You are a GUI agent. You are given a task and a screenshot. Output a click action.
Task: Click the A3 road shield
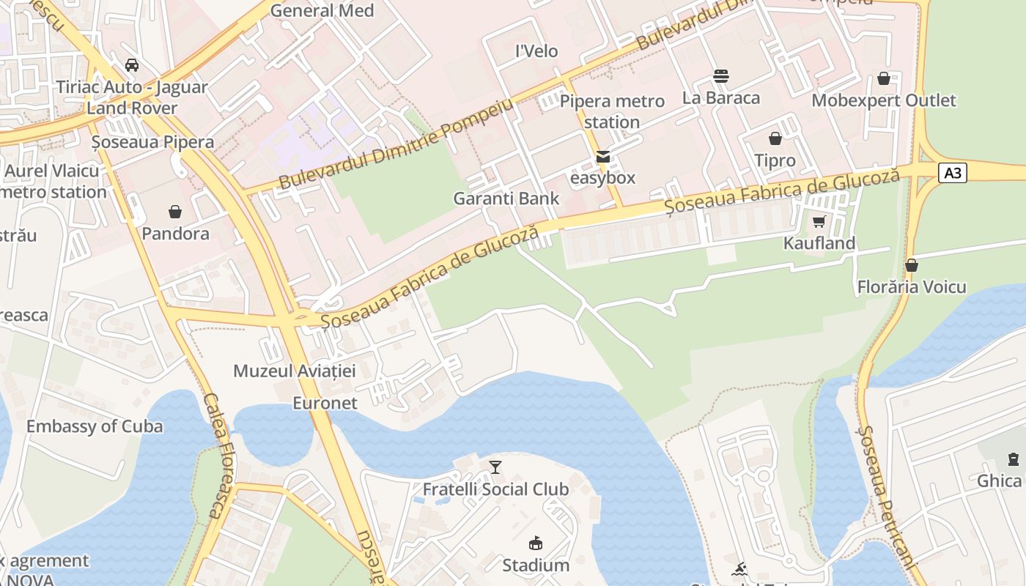[952, 173]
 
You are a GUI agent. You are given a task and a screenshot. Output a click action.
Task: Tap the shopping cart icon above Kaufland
[819, 221]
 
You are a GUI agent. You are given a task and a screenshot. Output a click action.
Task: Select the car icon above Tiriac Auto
[132, 64]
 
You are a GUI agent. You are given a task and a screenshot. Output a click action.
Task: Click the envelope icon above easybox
[602, 156]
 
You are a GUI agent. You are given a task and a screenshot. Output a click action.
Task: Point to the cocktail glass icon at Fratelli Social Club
[495, 467]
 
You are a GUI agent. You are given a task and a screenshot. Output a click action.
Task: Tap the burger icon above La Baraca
[720, 75]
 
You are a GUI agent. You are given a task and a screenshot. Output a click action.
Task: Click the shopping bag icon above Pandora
[175, 212]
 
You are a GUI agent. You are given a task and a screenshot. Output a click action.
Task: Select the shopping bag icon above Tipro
[775, 138]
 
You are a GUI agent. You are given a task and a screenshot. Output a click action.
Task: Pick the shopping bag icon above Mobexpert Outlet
[883, 78]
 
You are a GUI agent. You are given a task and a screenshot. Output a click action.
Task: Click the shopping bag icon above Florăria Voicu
[911, 265]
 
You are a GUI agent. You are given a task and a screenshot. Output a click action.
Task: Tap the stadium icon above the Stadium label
[536, 543]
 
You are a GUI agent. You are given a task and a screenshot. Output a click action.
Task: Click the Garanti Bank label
[506, 198]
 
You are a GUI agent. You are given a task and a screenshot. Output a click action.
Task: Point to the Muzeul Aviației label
[294, 371]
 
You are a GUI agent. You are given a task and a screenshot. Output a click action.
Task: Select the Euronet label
[325, 403]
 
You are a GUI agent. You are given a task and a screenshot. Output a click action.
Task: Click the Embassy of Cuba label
[95, 426]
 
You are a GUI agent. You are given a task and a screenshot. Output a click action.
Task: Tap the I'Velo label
[536, 51]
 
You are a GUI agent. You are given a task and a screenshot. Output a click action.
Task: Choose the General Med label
[322, 11]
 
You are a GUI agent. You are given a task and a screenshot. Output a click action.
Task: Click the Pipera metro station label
[612, 111]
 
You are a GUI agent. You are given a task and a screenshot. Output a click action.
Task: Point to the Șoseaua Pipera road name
[152, 141]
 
